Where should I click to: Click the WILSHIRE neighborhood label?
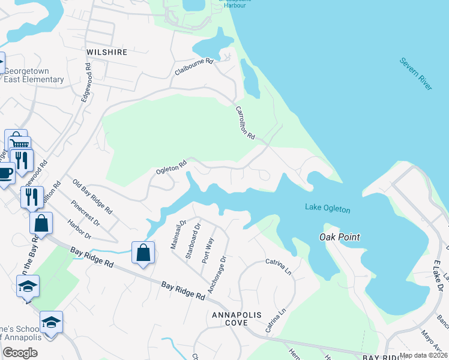[107, 52]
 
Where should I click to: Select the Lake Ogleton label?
[327, 208]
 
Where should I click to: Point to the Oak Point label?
[339, 237]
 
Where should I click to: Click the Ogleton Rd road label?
[172, 166]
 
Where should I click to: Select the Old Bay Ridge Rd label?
[92, 197]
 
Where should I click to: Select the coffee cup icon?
[5, 173]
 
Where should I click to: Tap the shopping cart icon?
[19, 143]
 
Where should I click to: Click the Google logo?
[20, 353]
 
